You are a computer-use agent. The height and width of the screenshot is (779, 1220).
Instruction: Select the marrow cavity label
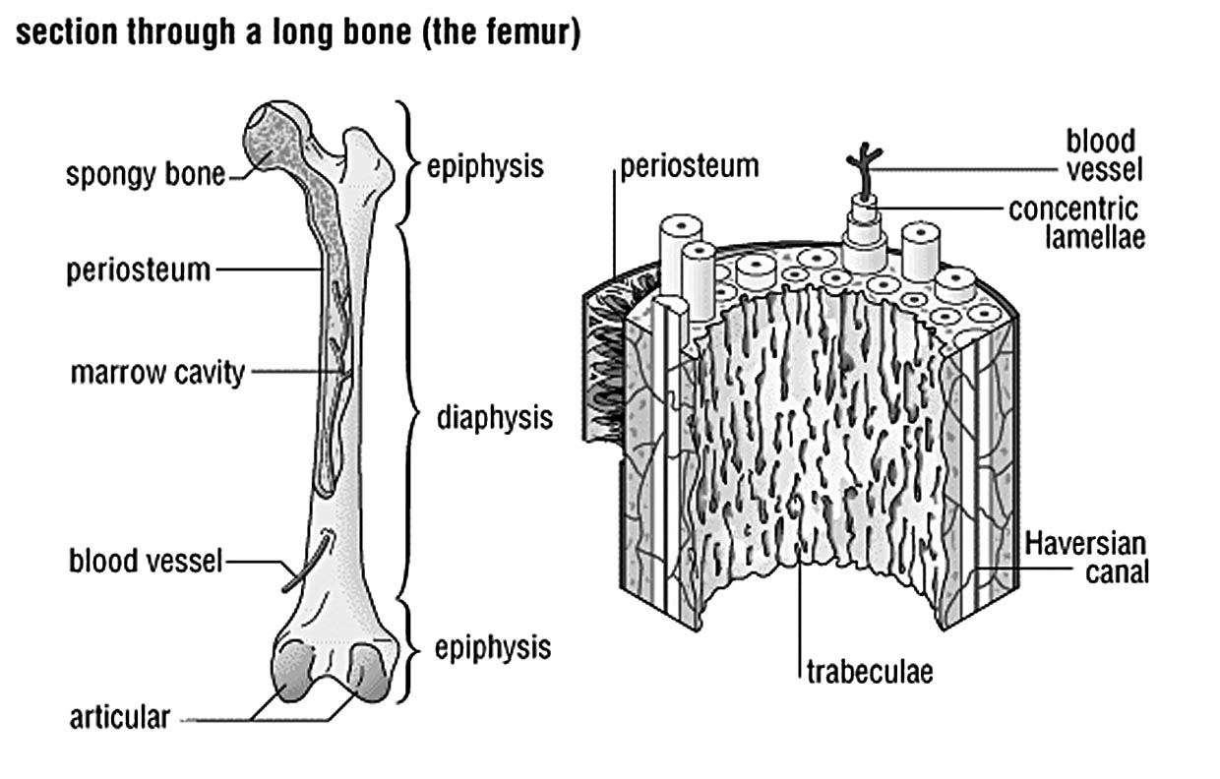[x=156, y=374]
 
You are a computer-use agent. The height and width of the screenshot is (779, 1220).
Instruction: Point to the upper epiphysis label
[x=485, y=165]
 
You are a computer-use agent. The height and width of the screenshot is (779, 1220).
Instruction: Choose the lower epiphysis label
[x=492, y=647]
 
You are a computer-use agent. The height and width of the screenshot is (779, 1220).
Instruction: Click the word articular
[x=119, y=717]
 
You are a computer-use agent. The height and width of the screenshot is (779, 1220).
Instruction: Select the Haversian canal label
[x=1086, y=557]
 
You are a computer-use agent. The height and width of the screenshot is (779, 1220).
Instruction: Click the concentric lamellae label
[x=1073, y=222]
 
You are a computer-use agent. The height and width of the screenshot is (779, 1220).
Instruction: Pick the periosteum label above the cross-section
[x=689, y=164]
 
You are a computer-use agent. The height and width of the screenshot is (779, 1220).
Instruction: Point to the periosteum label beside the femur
[x=139, y=269]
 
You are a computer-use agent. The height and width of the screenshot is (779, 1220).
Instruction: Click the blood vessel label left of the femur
[x=146, y=562]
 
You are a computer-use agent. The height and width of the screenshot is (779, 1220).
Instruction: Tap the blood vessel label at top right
[x=1101, y=154]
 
